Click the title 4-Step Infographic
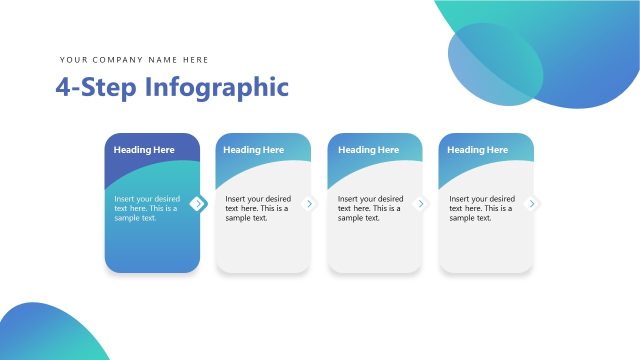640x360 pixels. click(172, 87)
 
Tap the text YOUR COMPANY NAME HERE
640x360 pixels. click(134, 60)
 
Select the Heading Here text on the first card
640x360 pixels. click(144, 150)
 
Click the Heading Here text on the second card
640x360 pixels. click(254, 150)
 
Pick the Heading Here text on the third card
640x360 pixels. click(368, 150)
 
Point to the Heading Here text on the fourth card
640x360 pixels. click(478, 150)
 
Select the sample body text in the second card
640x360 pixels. click(258, 208)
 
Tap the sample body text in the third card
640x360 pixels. click(371, 208)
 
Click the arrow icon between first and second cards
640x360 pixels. click(198, 204)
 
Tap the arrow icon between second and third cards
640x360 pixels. click(309, 204)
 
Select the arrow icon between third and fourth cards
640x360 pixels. click(421, 204)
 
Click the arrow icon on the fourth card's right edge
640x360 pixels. click(532, 204)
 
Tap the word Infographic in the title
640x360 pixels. click(216, 87)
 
